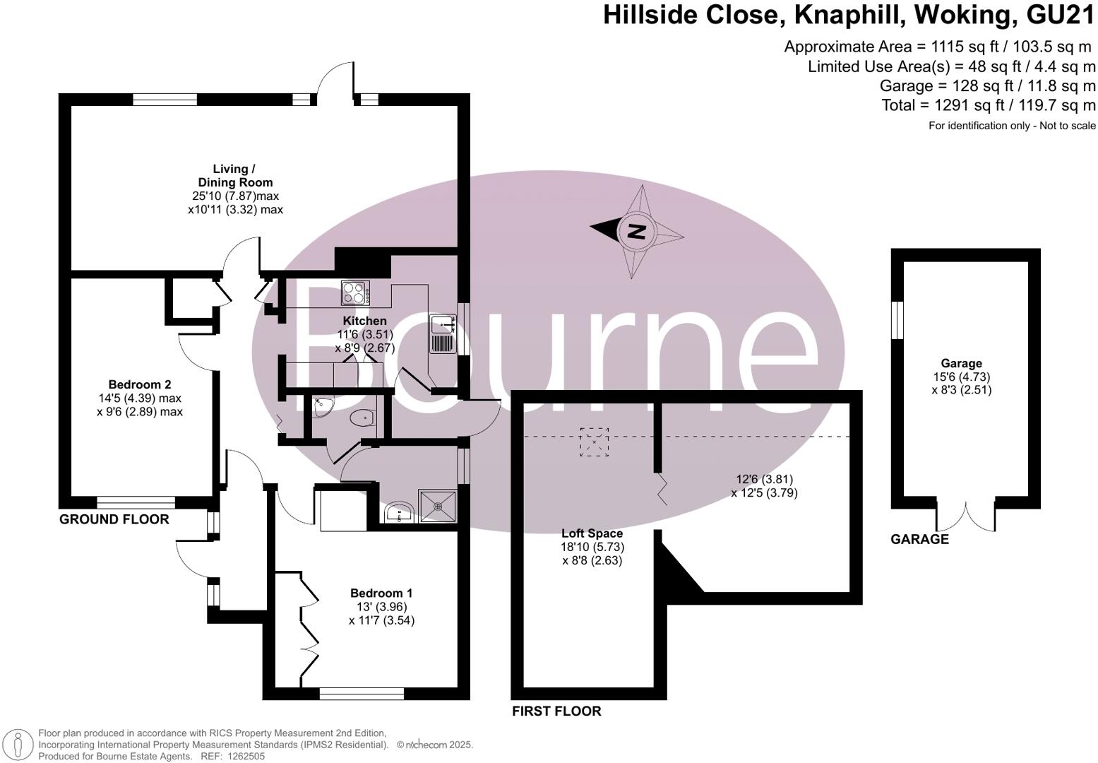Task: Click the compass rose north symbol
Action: (x=637, y=231)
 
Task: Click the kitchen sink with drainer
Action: (x=443, y=334)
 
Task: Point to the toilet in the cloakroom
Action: (x=362, y=418)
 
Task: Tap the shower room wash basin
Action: (x=400, y=511)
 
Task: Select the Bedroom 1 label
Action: (x=381, y=593)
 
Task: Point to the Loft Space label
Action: (x=592, y=533)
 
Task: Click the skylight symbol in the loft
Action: (x=594, y=442)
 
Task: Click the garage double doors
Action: (x=966, y=517)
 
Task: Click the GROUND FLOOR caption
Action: (x=114, y=519)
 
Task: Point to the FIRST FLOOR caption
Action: (x=556, y=711)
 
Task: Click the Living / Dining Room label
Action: (x=234, y=175)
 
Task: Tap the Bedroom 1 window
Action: (x=362, y=694)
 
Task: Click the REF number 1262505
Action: (x=244, y=756)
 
